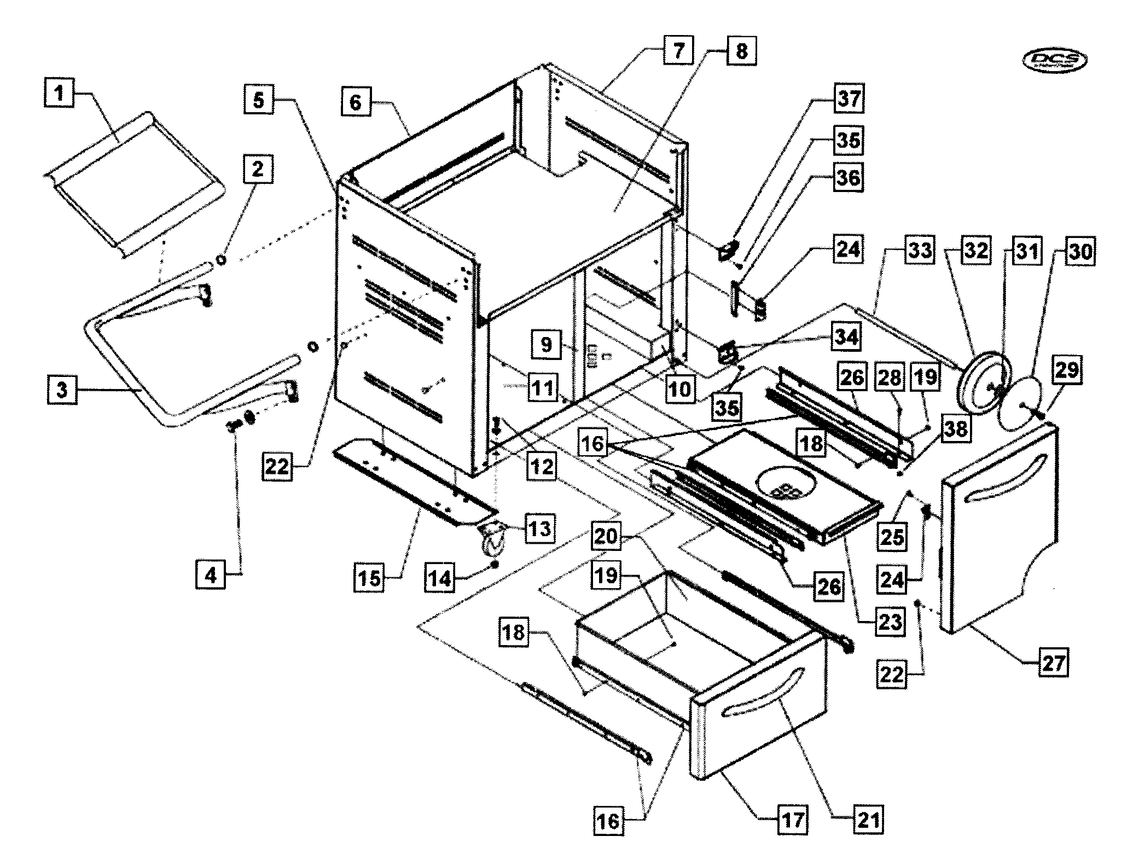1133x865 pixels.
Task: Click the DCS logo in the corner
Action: (x=1054, y=61)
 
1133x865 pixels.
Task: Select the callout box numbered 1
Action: (x=59, y=93)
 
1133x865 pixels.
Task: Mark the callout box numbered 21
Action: (x=869, y=819)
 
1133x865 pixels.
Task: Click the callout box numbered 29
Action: (x=1067, y=370)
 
